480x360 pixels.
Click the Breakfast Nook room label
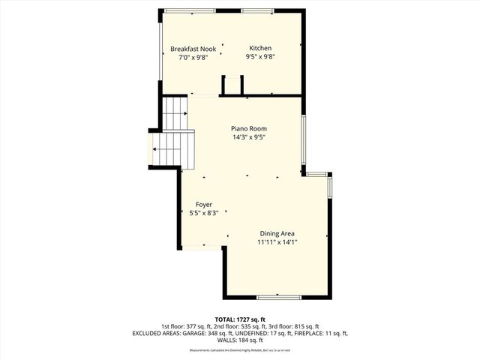tap(193, 49)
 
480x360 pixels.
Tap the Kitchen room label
tap(260, 48)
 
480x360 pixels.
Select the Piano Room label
tap(248, 128)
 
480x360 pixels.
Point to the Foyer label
tap(204, 204)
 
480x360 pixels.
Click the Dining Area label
tap(277, 233)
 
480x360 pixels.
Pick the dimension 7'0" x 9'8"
tap(193, 57)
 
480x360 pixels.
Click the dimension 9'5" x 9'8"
tap(260, 56)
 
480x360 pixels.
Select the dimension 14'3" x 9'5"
tap(248, 136)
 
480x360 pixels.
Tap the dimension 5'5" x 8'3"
tap(204, 212)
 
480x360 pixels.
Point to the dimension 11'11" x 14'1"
tap(277, 241)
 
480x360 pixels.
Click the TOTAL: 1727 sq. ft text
tap(240, 319)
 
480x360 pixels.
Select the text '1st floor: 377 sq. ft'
tap(186, 326)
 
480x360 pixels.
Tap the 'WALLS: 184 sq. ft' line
tap(240, 340)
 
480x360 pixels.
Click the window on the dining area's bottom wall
tap(279, 297)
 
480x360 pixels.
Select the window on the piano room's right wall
tap(303, 142)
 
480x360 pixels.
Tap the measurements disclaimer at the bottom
tap(240, 350)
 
